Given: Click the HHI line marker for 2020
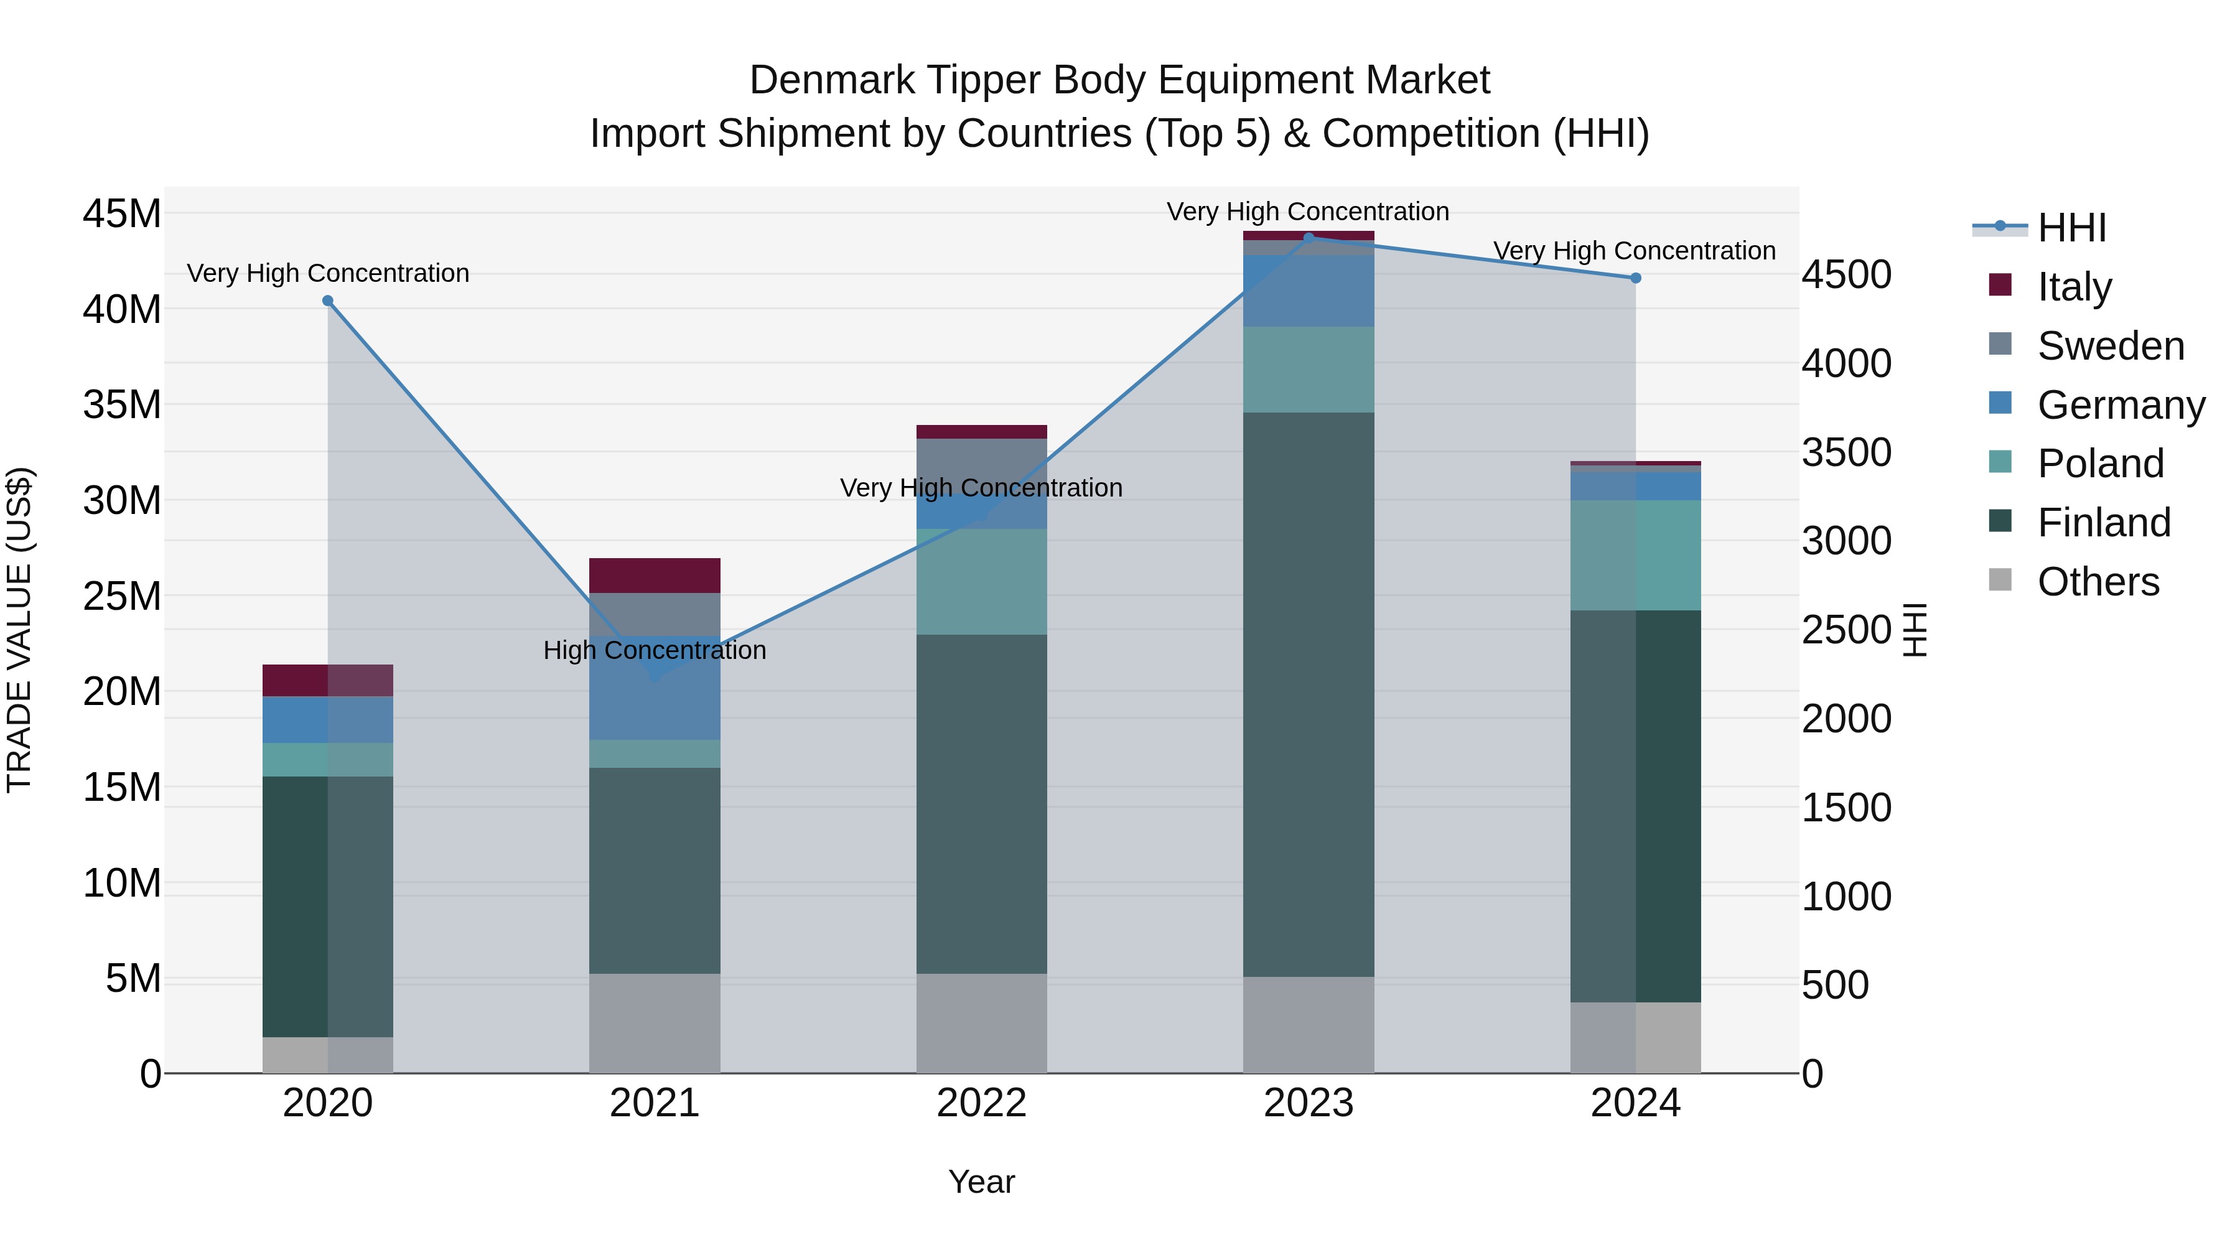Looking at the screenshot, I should [x=328, y=301].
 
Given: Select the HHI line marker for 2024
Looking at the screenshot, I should [x=1636, y=278].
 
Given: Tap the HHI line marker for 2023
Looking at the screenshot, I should [x=1309, y=238].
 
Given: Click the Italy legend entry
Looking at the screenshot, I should [x=2074, y=286].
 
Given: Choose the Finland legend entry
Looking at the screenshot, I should [x=2104, y=522].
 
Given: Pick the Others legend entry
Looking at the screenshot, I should [x=2098, y=581].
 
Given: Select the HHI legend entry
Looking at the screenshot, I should [x=2071, y=228].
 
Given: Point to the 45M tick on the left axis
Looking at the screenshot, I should [x=122, y=213].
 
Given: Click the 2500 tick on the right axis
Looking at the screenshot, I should [x=1846, y=630].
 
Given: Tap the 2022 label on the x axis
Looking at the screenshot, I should [x=982, y=1103].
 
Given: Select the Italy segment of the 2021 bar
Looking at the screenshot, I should [x=655, y=576].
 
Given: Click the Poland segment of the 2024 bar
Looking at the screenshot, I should [x=1636, y=555].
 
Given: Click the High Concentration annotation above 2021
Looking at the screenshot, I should [x=655, y=650].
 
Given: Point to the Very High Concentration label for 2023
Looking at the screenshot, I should [x=1308, y=212].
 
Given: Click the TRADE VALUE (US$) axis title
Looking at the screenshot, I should [x=19, y=630].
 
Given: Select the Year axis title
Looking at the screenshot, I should [x=982, y=1182].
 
